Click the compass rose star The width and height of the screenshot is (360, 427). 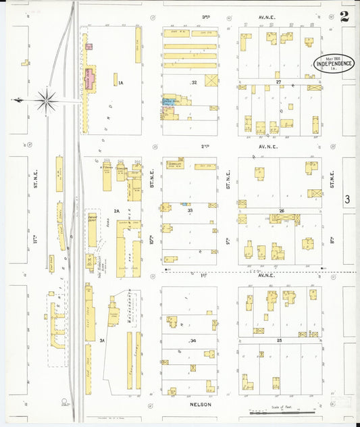tap(47, 101)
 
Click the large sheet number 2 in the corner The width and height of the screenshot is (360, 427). tap(345, 16)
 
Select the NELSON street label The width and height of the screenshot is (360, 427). tap(202, 405)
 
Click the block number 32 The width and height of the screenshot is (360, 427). tap(193, 82)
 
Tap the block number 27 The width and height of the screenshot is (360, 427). tap(278, 81)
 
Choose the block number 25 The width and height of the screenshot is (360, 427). tap(278, 341)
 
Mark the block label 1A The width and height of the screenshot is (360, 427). tap(121, 83)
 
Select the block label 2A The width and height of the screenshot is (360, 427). tap(116, 211)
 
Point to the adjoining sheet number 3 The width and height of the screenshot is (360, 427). tap(347, 199)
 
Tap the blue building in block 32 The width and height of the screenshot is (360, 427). tap(166, 103)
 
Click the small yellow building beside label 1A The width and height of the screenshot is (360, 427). tap(115, 78)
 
